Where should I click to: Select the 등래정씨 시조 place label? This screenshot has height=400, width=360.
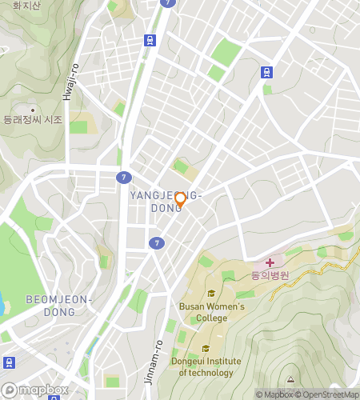33,120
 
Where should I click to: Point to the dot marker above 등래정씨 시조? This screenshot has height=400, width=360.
33,110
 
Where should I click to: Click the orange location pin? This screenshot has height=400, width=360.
181,199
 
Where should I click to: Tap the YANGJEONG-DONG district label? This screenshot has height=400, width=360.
166,202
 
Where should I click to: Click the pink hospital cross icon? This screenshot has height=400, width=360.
270,262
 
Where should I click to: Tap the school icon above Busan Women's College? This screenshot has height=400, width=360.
210,293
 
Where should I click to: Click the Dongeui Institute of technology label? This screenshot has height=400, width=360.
206,366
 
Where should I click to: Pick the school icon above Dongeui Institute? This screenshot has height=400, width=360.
206,348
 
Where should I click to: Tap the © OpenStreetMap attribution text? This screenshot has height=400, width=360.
328,394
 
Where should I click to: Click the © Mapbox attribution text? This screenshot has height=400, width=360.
274,394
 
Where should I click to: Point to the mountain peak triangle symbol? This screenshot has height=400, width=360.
290,379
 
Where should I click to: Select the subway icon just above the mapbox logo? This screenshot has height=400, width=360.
8,362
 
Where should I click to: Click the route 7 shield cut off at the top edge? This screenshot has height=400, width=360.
166,2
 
